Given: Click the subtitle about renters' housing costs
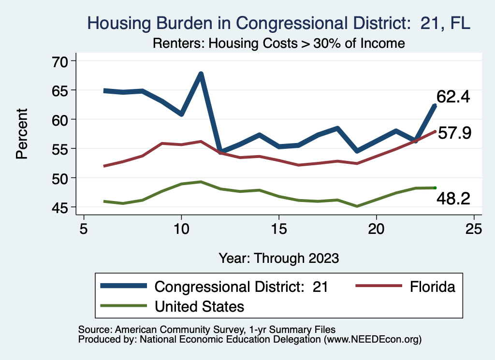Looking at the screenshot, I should [278, 43].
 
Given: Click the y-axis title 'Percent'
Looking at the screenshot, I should [21, 134].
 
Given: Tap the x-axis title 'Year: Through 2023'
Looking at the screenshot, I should [278, 258].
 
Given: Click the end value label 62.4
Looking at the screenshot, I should [453, 97].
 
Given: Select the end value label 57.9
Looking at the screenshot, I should [454, 133].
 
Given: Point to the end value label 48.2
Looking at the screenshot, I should [453, 198].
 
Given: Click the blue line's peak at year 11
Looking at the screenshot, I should [201, 74].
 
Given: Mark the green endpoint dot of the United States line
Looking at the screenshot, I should [435, 187].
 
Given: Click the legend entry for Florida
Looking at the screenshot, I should [433, 287].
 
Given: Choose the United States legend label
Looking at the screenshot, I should [199, 306].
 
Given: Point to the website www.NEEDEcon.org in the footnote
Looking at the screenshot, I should [373, 340].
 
